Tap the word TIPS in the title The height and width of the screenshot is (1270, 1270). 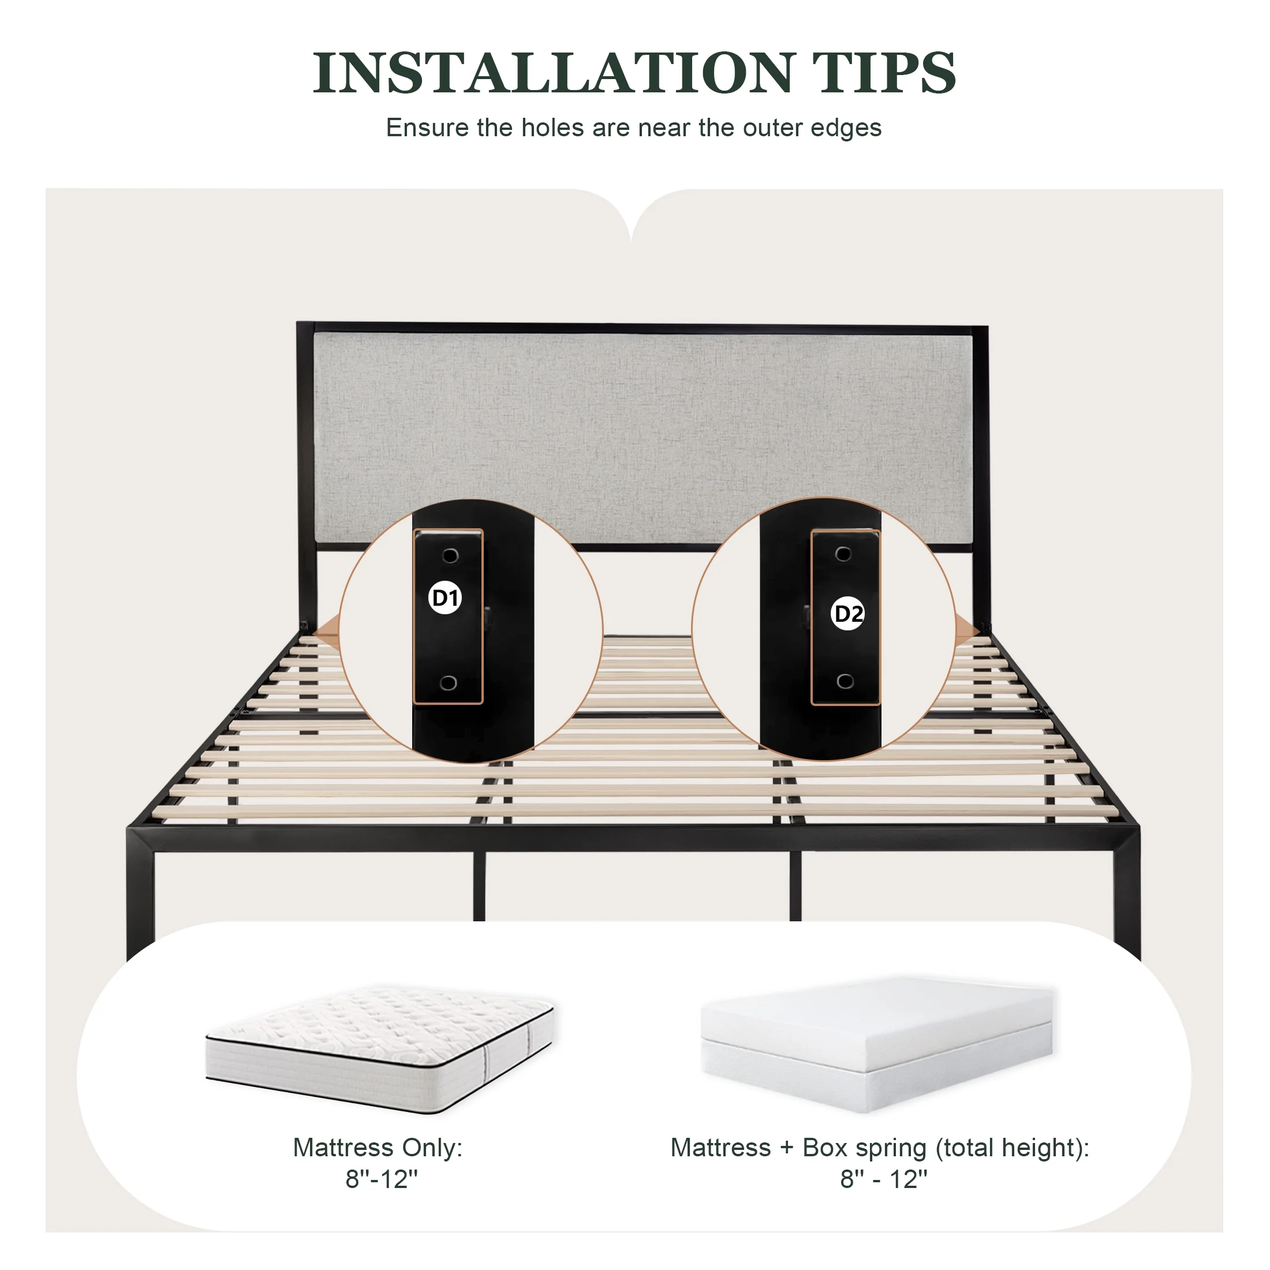pos(884,72)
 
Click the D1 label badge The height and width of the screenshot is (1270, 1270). pos(445,598)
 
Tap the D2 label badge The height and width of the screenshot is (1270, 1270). pos(848,614)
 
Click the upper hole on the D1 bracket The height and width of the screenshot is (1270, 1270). pos(450,556)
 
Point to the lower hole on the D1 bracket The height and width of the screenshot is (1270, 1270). pos(449,683)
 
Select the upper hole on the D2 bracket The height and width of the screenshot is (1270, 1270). pos(843,554)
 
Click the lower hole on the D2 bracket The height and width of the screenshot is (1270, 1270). pos(845,682)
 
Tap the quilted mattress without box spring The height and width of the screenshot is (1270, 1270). pos(380,1048)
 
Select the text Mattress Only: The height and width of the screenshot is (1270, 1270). pos(378,1148)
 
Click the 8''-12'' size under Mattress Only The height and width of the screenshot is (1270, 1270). pos(381,1179)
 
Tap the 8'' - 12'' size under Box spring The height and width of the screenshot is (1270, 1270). pos(883,1179)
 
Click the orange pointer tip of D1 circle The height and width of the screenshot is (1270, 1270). pos(315,635)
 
